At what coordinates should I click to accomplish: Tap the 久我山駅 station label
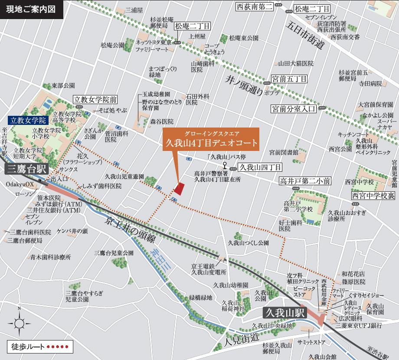pos(285,313)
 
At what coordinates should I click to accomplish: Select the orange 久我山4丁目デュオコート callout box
pos(210,140)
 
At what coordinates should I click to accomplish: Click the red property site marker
pos(179,190)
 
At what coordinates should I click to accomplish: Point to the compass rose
pos(19,323)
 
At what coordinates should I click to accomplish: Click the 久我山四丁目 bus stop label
pos(261,167)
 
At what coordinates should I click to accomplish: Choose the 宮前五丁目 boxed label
pos(289,79)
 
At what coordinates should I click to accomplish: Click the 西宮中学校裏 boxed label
pos(373,196)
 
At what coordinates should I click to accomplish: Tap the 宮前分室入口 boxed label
pos(293,108)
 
